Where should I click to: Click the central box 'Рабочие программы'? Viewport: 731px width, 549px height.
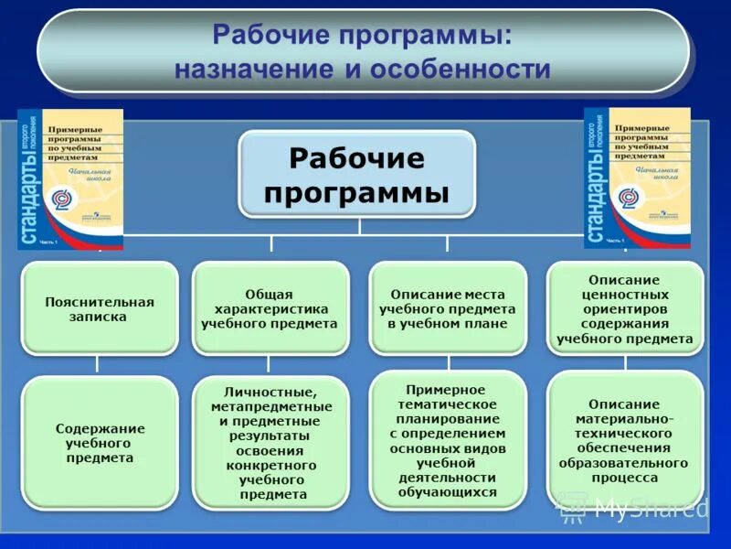pos(357,175)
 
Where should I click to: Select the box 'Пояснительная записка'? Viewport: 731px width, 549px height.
pos(100,309)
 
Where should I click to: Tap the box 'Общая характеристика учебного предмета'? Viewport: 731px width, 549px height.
pos(270,309)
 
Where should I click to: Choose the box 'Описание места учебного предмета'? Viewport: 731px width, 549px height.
pos(447,309)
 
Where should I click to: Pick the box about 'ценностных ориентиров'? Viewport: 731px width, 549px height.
pos(625,309)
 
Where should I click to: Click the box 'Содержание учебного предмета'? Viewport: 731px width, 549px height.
pos(100,443)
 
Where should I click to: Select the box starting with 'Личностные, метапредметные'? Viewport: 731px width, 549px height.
pos(271,443)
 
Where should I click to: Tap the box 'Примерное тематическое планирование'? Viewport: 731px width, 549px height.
pos(448,440)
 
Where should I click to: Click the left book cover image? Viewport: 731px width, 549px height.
pos(70,179)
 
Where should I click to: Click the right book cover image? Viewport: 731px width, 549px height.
pos(637,178)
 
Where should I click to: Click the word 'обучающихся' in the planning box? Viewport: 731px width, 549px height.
pos(448,491)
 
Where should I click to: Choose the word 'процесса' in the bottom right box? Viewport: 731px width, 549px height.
pos(625,478)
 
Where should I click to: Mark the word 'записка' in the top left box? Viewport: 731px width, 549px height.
pos(100,318)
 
